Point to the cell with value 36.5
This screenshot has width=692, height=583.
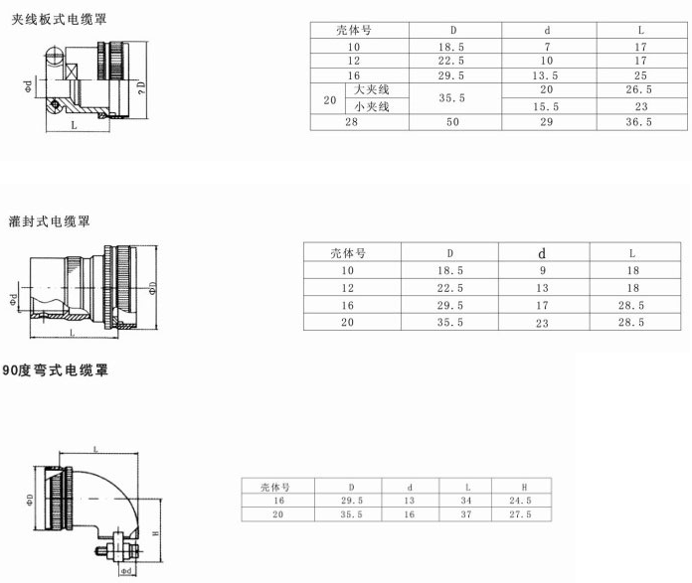[x=640, y=122]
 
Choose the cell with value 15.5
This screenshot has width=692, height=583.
[x=546, y=106]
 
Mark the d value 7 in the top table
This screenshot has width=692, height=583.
[x=546, y=47]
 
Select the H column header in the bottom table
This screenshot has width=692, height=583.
[x=524, y=487]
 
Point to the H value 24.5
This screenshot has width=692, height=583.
[x=524, y=501]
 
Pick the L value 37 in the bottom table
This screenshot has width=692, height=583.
[x=466, y=514]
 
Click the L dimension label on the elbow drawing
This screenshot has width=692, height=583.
[x=95, y=450]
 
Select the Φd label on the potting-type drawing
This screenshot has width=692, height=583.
[x=13, y=298]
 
